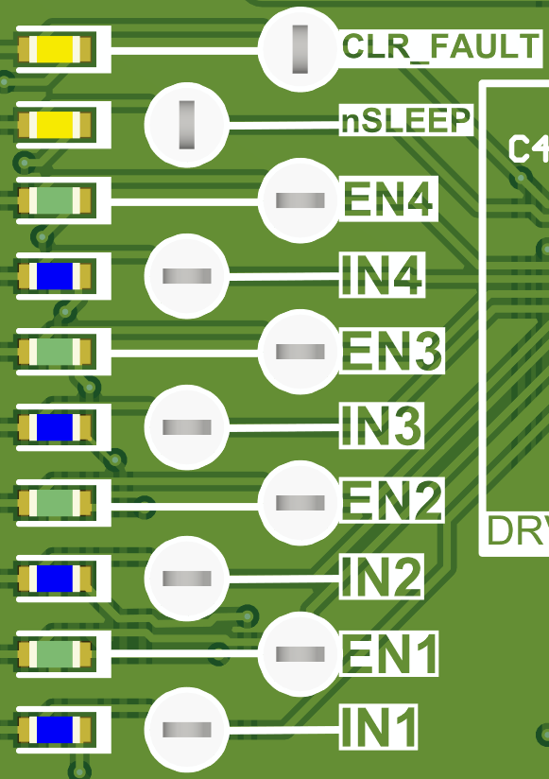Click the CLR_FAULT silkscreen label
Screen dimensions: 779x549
pyautogui.click(x=440, y=46)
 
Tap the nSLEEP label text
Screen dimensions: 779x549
pyautogui.click(x=406, y=121)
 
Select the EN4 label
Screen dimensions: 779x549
pyautogui.click(x=388, y=200)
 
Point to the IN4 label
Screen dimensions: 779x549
pyautogui.click(x=381, y=276)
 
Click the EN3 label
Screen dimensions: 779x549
pyautogui.click(x=390, y=352)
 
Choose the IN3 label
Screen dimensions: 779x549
pyautogui.click(x=381, y=427)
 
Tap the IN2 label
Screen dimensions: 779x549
pyautogui.click(x=381, y=578)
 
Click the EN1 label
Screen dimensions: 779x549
pyautogui.click(x=388, y=653)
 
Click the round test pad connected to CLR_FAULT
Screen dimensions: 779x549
pyautogui.click(x=300, y=49)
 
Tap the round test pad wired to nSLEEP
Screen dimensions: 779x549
pyautogui.click(x=186, y=124)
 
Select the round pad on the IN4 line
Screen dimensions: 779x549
pyautogui.click(x=186, y=276)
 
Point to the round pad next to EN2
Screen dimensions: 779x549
pyautogui.click(x=300, y=502)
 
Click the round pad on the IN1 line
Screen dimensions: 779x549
pyautogui.click(x=186, y=729)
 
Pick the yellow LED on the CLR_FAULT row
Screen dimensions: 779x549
pyautogui.click(x=56, y=49)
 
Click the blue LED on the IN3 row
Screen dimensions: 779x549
pyautogui.click(x=56, y=427)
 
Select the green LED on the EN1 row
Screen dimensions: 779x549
pyautogui.click(x=56, y=653)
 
